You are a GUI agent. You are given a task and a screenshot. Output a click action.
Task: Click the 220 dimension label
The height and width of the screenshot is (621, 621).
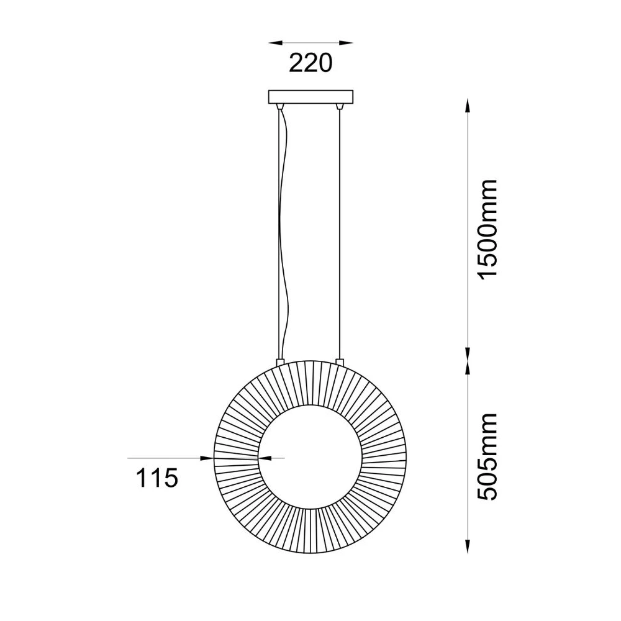point(310,63)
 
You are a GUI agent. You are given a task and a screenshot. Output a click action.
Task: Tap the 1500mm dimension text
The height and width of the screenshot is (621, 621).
point(487,229)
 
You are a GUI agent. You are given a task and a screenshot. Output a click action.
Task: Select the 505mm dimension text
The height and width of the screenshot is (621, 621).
point(487,457)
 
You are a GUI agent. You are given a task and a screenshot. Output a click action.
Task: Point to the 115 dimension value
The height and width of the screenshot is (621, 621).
point(157,478)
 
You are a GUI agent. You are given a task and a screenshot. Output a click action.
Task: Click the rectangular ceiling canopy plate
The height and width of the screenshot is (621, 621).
point(310,97)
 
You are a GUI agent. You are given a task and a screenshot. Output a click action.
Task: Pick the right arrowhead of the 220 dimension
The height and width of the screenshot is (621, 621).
point(346,42)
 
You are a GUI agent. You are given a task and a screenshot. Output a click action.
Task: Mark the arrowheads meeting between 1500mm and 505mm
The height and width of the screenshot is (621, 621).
point(468,360)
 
